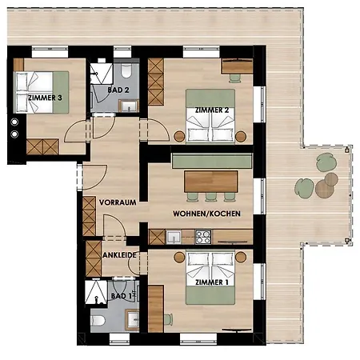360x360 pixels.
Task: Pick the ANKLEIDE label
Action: [120, 255]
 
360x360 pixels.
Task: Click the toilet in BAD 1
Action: [97, 320]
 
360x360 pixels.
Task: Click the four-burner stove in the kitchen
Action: [203, 236]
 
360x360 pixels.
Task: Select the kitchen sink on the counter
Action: [172, 236]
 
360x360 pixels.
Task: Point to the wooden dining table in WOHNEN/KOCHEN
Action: [212, 181]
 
